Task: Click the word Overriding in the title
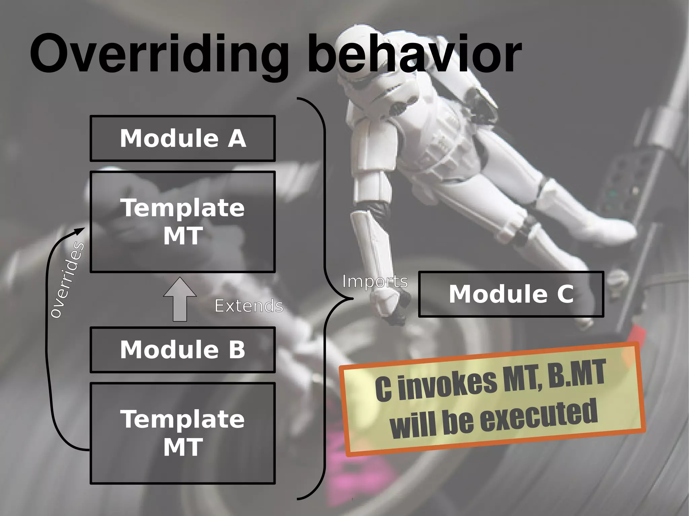click(x=158, y=54)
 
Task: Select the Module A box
click(x=183, y=138)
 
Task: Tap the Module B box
click(x=183, y=350)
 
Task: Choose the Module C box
click(x=511, y=294)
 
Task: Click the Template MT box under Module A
click(x=183, y=222)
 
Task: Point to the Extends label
click(x=249, y=306)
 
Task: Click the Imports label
click(x=375, y=281)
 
